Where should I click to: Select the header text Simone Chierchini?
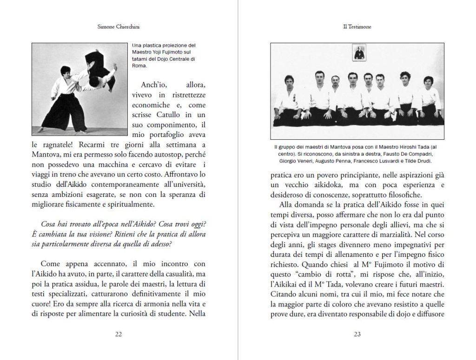pyautogui.click(x=119, y=27)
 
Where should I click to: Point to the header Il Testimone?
pyautogui.click(x=357, y=27)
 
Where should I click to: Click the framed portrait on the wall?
pyautogui.click(x=357, y=52)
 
